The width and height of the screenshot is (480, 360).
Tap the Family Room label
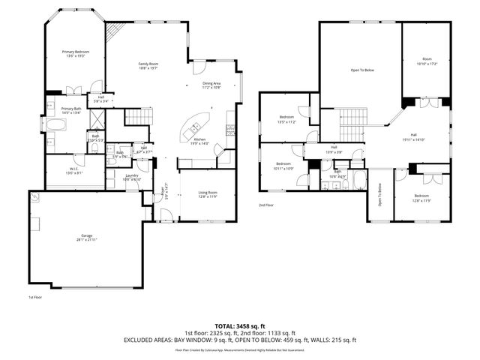[x=148, y=65]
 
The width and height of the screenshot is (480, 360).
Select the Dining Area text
[x=211, y=85]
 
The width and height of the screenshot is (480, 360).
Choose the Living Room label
[x=207, y=195]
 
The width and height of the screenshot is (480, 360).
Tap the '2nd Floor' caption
[x=266, y=205]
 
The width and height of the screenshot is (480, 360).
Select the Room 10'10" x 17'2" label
[x=427, y=61]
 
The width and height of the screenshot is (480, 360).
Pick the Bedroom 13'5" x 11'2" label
[x=287, y=119]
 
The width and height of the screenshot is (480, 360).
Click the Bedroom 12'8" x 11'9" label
[x=423, y=199]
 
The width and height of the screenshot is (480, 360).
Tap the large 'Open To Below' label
[x=362, y=70]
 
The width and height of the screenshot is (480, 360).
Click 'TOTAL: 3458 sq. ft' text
[x=240, y=326]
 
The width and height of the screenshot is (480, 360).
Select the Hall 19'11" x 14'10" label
[x=413, y=138]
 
